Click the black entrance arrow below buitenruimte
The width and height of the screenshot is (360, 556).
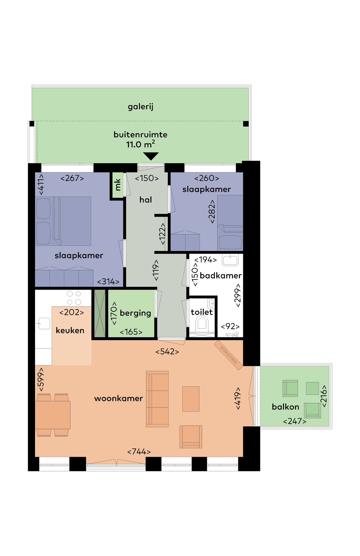click(x=151, y=156)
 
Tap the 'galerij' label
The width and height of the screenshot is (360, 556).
click(x=140, y=107)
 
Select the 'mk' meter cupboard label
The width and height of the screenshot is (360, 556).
click(x=117, y=185)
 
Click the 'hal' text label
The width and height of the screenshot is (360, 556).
click(x=146, y=200)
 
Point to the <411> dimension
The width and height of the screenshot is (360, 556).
click(x=41, y=184)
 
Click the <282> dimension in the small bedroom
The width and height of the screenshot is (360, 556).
click(x=212, y=212)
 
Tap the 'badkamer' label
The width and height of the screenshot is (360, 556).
click(x=221, y=276)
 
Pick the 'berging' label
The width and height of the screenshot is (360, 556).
click(x=135, y=313)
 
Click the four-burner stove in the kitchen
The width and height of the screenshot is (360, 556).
click(x=74, y=298)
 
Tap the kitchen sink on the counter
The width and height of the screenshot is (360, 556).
click(x=44, y=323)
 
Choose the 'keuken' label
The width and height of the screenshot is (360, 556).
click(x=70, y=330)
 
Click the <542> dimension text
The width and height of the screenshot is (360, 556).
click(x=167, y=352)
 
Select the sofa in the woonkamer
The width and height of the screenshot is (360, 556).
click(x=157, y=399)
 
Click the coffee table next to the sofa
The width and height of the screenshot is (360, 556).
click(x=191, y=399)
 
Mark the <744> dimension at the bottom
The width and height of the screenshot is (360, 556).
click(x=139, y=452)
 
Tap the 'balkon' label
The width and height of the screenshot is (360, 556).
click(x=285, y=407)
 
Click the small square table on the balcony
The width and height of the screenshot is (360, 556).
click(x=312, y=388)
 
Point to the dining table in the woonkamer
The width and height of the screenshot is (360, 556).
click(x=53, y=415)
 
